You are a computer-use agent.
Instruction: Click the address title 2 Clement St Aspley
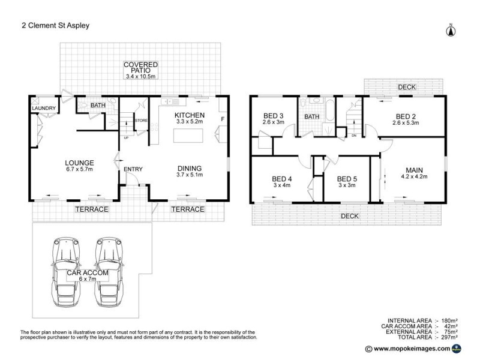click(51, 26)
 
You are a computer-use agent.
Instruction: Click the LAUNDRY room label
click(44, 109)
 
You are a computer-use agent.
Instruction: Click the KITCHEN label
click(190, 115)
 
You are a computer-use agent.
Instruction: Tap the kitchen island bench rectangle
click(190, 136)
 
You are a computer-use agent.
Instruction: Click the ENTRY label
click(133, 169)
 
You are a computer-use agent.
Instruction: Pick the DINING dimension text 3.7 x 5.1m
click(189, 175)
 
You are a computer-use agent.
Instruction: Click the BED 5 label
click(347, 178)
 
